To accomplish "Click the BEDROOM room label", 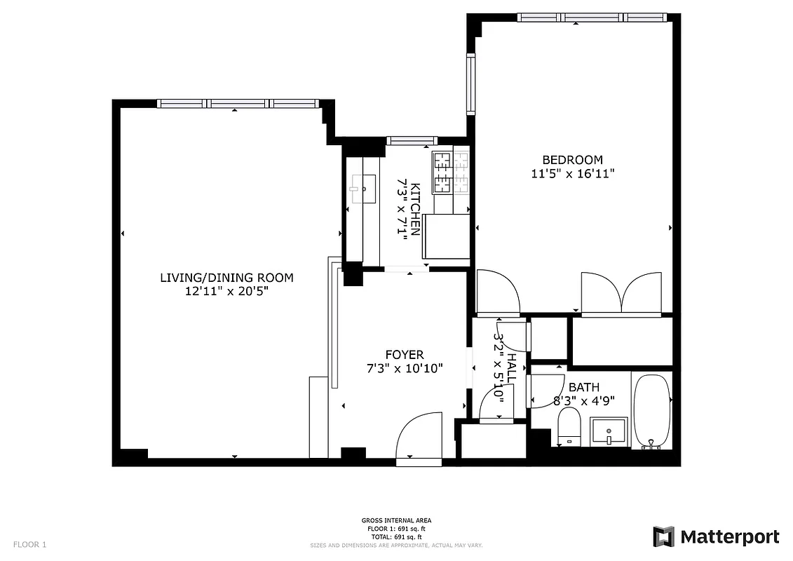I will click(x=572, y=160).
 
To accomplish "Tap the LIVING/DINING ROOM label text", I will click(x=226, y=278).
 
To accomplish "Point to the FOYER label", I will click(x=404, y=355).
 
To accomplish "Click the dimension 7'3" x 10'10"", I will click(x=404, y=368).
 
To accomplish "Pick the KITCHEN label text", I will click(x=416, y=209).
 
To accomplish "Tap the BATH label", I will click(x=583, y=387).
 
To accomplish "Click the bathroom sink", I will click(x=609, y=430).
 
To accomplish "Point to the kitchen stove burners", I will click(x=452, y=173).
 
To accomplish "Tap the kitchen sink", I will click(x=362, y=189).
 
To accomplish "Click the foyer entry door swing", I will click(x=419, y=438).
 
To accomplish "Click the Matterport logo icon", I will click(x=663, y=537).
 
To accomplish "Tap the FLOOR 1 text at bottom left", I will click(x=29, y=544).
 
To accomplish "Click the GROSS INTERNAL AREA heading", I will click(x=396, y=520).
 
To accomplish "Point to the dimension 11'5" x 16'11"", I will click(x=572, y=174).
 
